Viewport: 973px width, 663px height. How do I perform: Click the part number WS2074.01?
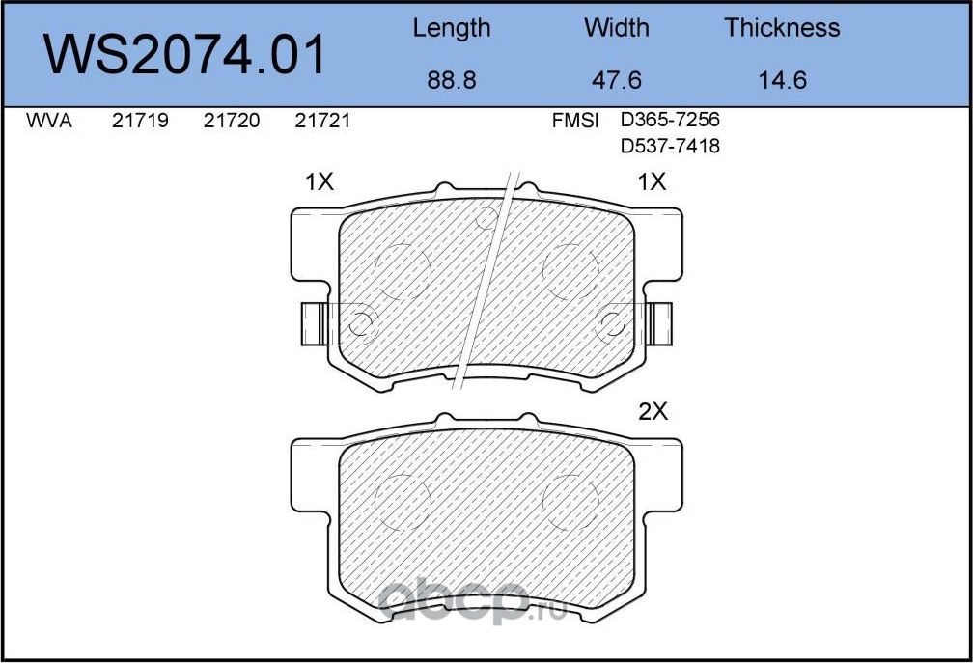click(185, 55)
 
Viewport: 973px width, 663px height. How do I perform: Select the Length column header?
click(451, 29)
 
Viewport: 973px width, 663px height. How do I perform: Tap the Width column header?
click(616, 28)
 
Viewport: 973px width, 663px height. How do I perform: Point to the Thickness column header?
click(782, 28)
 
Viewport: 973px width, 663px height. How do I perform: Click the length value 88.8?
click(451, 81)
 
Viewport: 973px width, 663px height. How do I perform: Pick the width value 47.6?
click(616, 81)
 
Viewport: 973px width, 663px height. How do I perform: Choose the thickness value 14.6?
click(783, 81)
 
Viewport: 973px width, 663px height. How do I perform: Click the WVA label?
click(49, 121)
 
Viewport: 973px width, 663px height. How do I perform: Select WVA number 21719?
click(140, 121)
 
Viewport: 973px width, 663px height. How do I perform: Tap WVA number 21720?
click(232, 121)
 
